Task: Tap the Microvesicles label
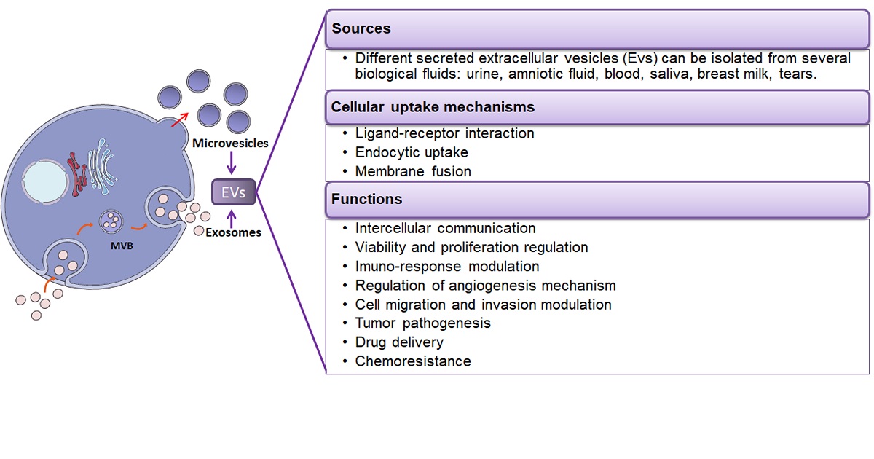(x=231, y=144)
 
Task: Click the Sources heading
(x=361, y=29)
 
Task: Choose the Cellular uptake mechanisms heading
(x=433, y=107)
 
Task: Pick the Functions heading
(x=366, y=199)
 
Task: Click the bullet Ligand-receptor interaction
(x=444, y=133)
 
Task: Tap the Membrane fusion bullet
(x=413, y=172)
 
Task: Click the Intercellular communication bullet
(x=445, y=228)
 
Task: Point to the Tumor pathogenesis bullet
(x=422, y=323)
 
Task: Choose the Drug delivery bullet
(x=399, y=342)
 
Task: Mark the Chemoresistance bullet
(x=413, y=361)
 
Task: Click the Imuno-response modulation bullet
(x=446, y=266)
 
